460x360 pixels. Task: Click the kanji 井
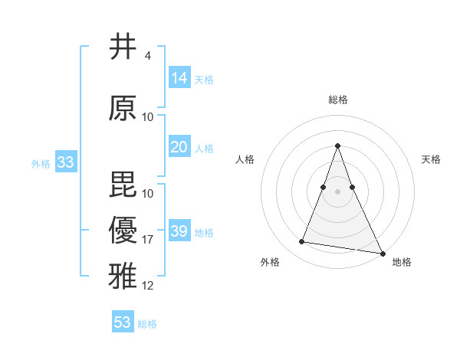coord(123,47)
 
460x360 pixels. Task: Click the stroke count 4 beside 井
coord(147,56)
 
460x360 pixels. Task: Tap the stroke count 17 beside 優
coord(148,240)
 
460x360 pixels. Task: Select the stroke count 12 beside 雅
coord(148,286)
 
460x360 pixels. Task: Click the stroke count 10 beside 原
coord(148,117)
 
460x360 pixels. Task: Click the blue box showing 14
coord(179,77)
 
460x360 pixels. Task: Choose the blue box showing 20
coord(179,147)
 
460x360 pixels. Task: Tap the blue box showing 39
coord(179,231)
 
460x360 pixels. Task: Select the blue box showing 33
coord(66,162)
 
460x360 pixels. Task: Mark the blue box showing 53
coord(123,322)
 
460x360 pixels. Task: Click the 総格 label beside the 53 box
coord(147,324)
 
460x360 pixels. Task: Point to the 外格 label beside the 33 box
coord(41,163)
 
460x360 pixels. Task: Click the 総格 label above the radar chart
coord(337,100)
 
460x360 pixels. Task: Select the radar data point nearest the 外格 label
coord(301,242)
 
